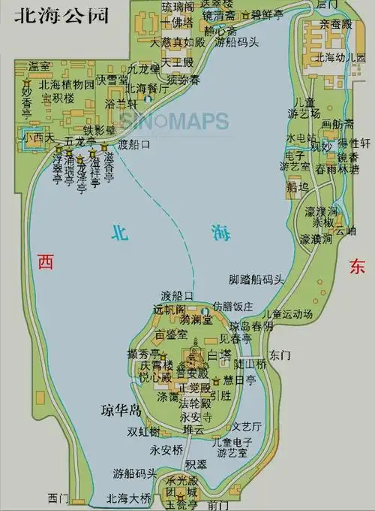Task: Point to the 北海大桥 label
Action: (128, 497)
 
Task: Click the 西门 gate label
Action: (58, 497)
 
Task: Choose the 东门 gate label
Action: (280, 354)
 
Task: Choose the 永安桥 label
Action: (166, 450)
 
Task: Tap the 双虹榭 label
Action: (143, 431)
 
